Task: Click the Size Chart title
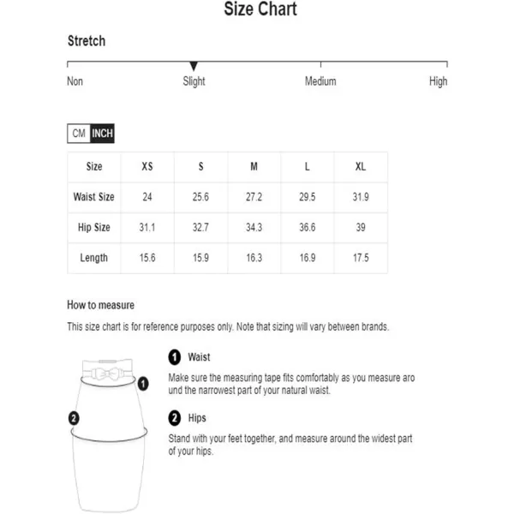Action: point(260,10)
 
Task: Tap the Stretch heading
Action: point(87,41)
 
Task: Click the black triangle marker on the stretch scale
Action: point(194,66)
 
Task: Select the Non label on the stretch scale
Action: point(75,81)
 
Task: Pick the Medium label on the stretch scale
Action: point(320,81)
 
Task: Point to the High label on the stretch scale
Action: point(438,81)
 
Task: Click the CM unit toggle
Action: point(79,134)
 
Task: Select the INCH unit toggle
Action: point(102,134)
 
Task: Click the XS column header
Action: point(147,167)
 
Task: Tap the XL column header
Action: point(361,167)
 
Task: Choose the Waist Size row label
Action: point(94,197)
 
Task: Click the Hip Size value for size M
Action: point(254,228)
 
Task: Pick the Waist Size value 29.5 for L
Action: point(307,197)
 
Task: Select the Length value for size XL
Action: point(361,258)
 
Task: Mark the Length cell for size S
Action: point(200,258)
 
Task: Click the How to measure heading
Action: point(101,305)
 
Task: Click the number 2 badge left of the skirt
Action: point(74,419)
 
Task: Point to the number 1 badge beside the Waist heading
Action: point(175,357)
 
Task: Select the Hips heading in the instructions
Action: point(199,419)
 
